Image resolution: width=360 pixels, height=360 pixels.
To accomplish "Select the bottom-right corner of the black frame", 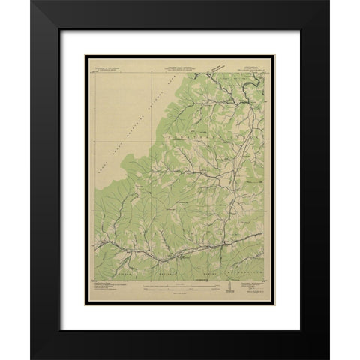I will click(x=328, y=358).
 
